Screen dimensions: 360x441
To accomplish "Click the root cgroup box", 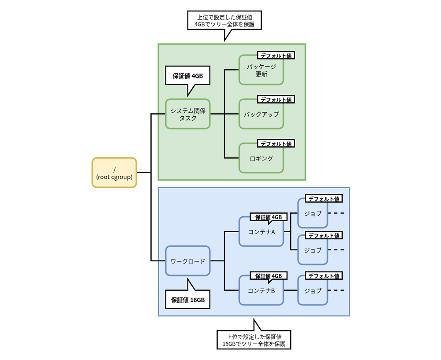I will click(114, 173).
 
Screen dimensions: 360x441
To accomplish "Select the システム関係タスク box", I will click(187, 114).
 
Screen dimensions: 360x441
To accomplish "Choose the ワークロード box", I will click(187, 261).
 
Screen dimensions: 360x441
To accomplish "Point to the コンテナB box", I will click(261, 291).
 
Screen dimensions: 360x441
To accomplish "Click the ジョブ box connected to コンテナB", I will click(312, 291).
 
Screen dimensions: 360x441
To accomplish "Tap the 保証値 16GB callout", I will click(187, 300).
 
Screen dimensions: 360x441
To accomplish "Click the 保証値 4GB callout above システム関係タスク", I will click(187, 76).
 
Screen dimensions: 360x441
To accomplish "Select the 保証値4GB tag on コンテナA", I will click(269, 217).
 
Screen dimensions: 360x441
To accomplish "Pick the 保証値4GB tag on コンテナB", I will click(269, 275).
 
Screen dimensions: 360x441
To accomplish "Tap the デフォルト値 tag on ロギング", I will click(276, 143).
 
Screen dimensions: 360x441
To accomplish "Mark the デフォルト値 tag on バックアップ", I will click(276, 100).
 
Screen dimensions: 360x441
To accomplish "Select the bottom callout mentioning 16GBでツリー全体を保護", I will click(254, 340).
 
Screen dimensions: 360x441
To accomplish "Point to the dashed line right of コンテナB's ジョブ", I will click(336, 290).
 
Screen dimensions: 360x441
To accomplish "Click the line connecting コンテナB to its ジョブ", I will click(290, 290).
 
